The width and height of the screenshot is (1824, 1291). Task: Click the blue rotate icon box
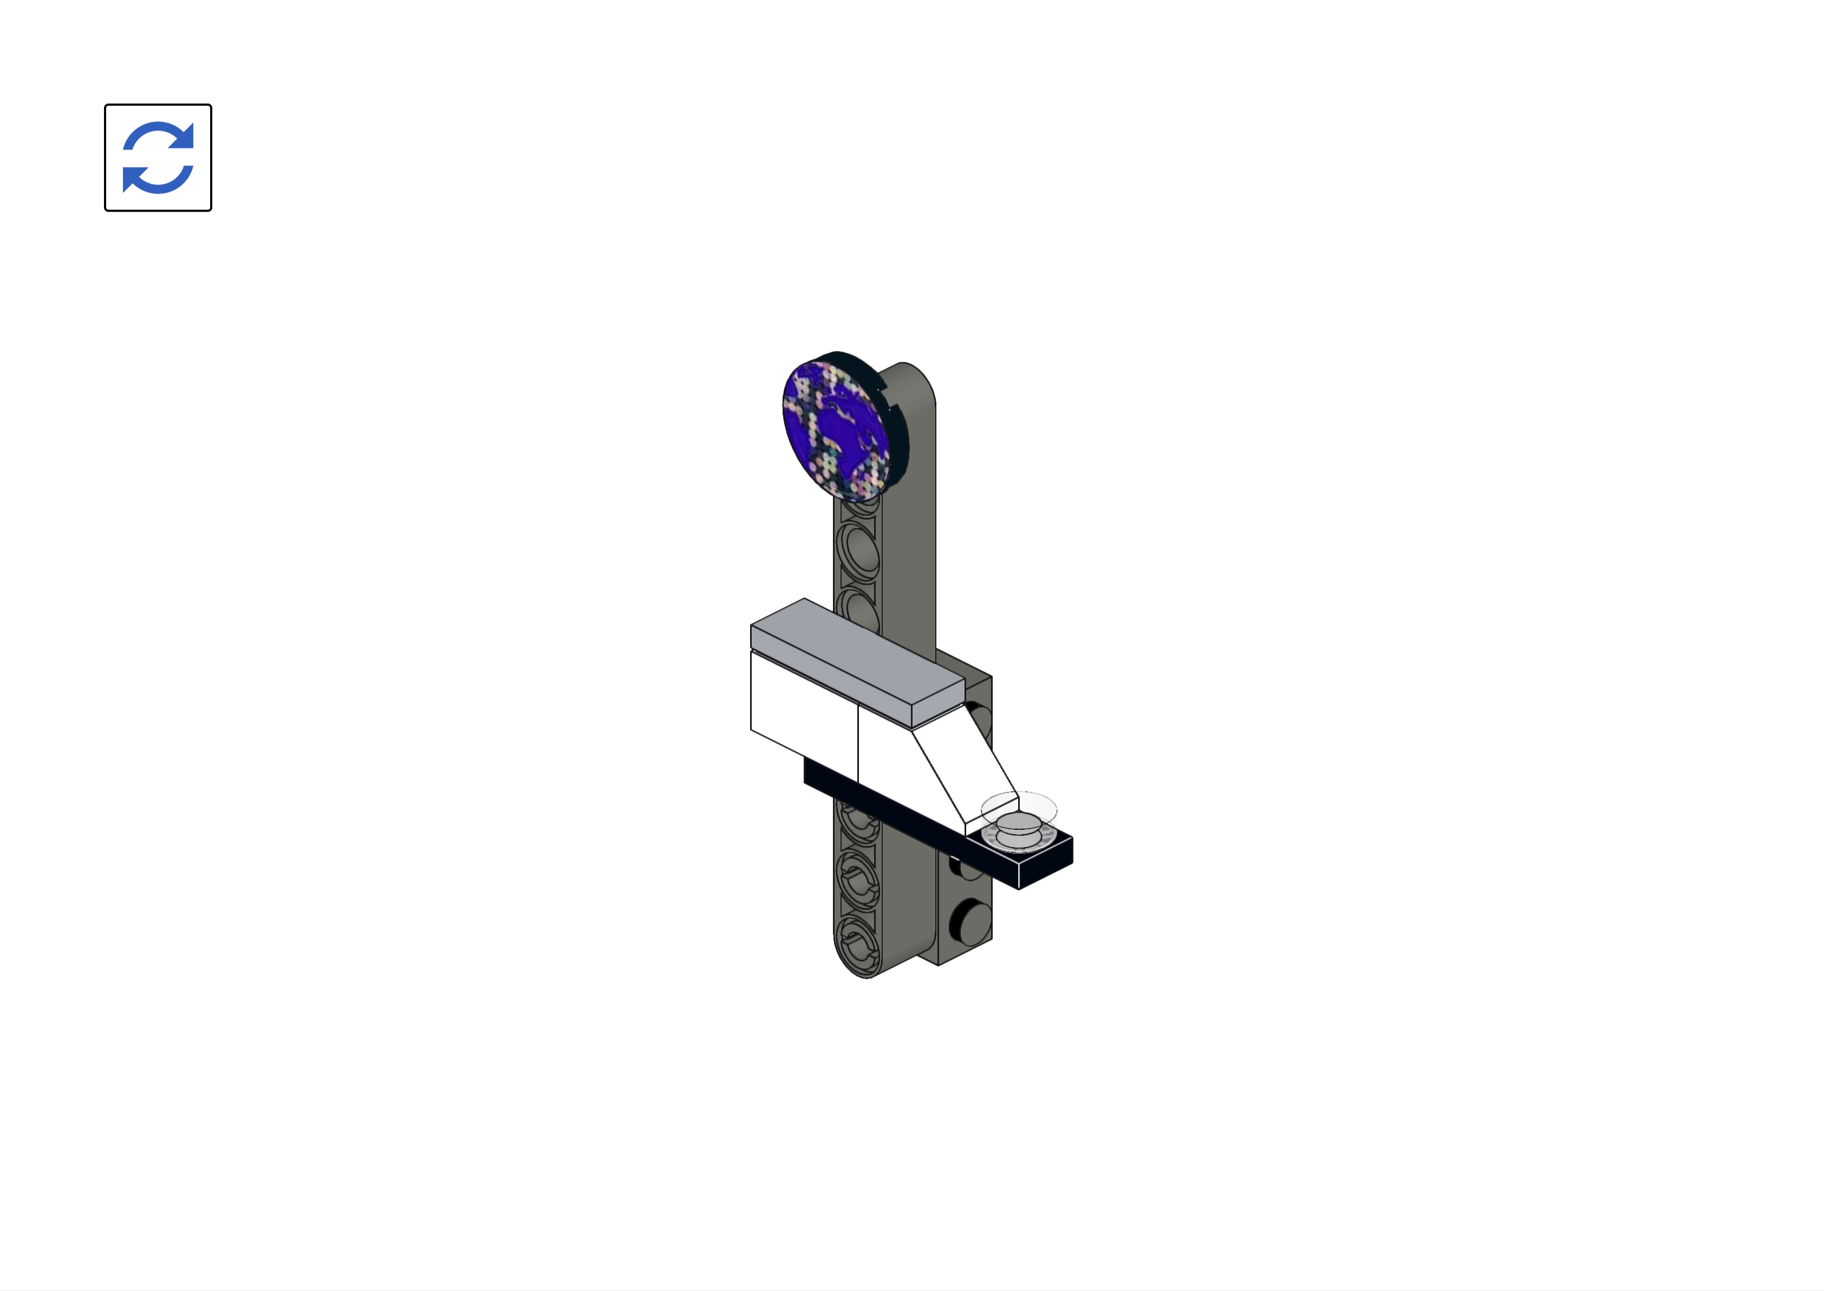[x=158, y=158]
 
